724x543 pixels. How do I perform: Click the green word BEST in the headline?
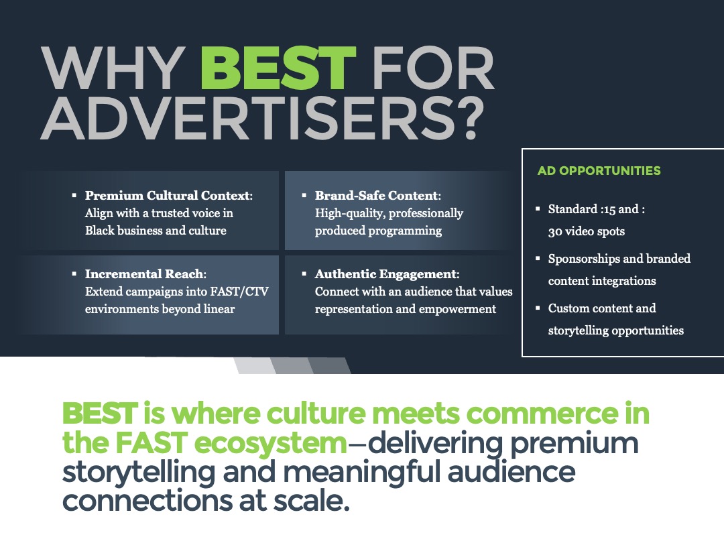point(278,68)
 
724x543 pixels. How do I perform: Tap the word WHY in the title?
point(113,68)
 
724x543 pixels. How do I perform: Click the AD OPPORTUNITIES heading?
point(599,171)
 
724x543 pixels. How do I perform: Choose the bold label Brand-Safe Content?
point(377,195)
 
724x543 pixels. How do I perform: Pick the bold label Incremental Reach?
point(145,274)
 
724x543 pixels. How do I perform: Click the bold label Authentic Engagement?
point(386,274)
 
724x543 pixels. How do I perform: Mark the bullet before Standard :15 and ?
point(538,208)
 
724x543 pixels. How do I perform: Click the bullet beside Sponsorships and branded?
point(538,259)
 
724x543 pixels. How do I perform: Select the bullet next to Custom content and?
point(538,308)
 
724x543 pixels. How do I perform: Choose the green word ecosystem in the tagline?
point(270,443)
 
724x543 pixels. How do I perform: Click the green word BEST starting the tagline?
point(100,413)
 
